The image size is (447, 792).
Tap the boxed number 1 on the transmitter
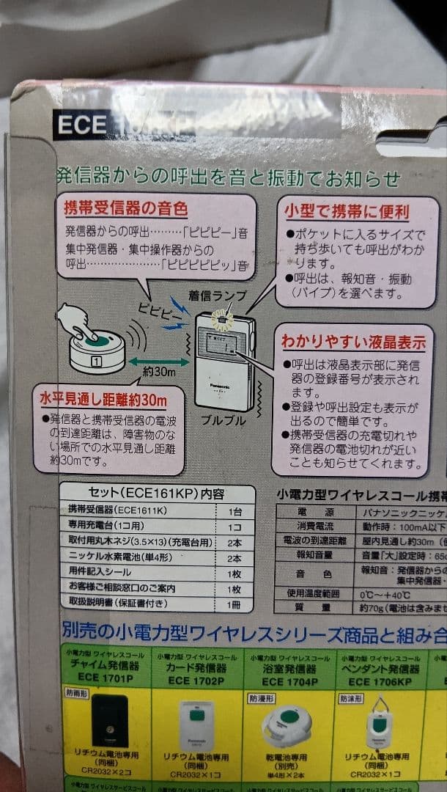pos(95,360)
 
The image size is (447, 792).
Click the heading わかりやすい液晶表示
pos(352,341)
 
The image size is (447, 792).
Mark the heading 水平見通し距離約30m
pos(103,400)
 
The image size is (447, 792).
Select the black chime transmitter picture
pos(109,721)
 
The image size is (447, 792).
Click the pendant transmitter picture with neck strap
pos(382,720)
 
